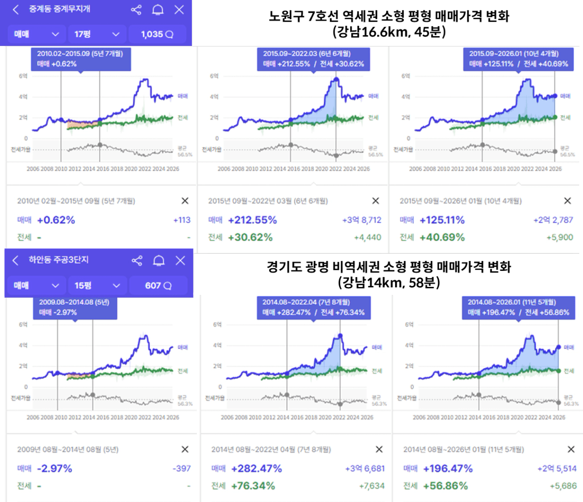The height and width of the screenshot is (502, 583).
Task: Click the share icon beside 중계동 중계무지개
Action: pos(136,10)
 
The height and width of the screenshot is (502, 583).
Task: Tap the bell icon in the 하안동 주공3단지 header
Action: pos(159,261)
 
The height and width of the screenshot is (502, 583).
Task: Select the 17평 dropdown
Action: pos(97,34)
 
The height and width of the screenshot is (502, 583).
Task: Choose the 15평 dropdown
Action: pos(97,286)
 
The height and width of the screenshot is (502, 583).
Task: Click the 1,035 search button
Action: pos(157,34)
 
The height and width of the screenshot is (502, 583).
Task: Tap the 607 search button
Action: pos(158,286)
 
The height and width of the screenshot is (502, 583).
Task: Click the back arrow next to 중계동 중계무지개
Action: pos(16,9)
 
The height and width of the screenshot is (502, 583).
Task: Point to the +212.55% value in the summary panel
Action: pos(252,220)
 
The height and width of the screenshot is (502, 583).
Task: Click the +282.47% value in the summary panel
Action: pos(257,468)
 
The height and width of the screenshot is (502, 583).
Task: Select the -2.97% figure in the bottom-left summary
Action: pos(54,468)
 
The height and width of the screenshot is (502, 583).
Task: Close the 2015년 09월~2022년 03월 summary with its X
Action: pos(376,201)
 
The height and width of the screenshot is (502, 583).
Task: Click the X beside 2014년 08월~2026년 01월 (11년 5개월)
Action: pos(571,449)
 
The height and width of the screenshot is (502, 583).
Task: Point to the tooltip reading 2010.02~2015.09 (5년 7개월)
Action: pos(81,59)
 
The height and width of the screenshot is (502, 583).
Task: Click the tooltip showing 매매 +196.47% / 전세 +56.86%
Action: pos(518,308)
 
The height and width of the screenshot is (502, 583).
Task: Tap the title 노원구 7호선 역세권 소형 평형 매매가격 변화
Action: pos(389,16)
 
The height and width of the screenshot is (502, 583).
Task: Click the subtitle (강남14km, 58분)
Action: pos(389,282)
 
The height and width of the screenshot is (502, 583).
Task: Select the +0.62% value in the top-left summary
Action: pos(56,220)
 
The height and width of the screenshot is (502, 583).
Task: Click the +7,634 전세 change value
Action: pos(372,486)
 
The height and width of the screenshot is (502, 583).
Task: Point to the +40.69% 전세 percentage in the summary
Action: pos(442,237)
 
